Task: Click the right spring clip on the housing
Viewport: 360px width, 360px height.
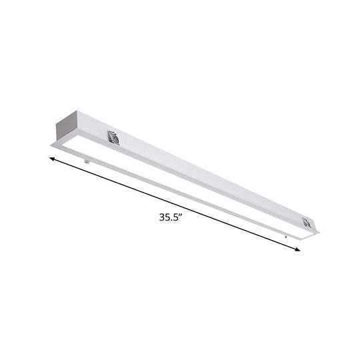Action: (x=307, y=223)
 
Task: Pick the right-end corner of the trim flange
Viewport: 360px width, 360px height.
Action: (x=319, y=233)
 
